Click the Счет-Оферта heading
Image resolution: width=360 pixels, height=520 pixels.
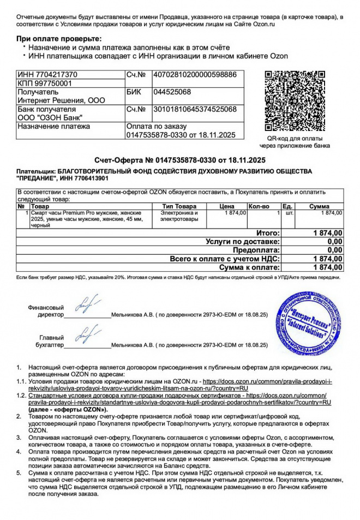coord(179,160)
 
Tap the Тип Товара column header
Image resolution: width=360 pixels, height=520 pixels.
coord(179,207)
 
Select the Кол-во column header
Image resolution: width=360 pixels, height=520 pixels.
coord(259,207)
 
